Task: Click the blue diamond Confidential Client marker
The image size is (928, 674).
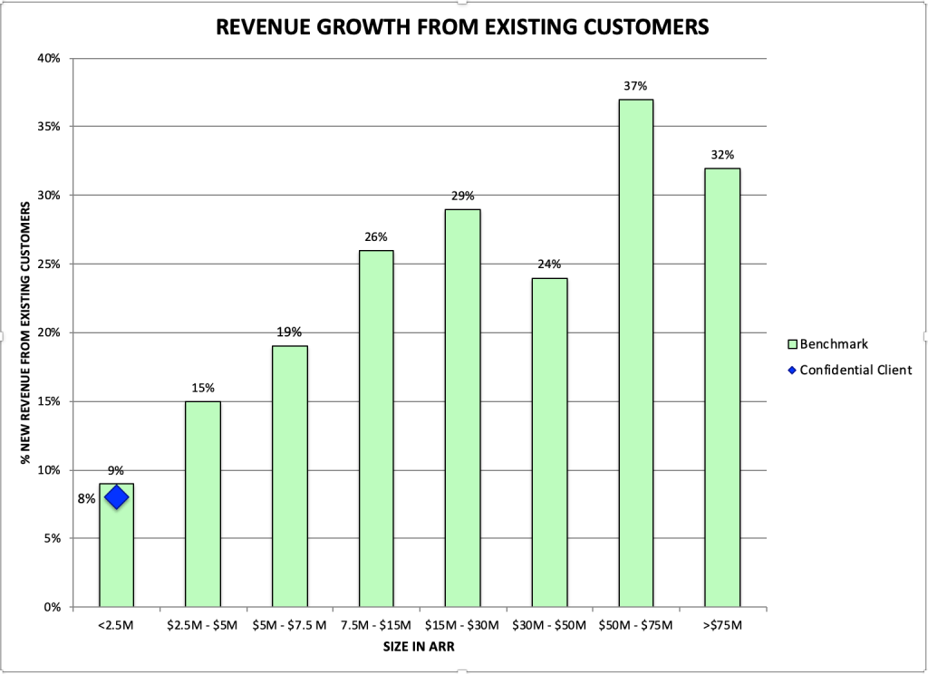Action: [116, 497]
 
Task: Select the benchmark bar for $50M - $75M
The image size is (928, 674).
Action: [635, 353]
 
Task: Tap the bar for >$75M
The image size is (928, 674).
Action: [722, 388]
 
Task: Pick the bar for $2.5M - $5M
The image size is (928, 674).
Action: [203, 504]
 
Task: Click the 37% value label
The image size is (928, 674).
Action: [635, 87]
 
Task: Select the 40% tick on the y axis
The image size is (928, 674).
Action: [49, 59]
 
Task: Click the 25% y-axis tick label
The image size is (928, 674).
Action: [49, 265]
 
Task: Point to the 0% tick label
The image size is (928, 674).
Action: [52, 607]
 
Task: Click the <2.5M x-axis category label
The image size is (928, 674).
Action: [116, 626]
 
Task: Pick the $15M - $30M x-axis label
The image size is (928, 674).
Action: [462, 626]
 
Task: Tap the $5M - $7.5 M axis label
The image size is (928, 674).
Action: [289, 626]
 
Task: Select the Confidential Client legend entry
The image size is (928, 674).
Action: [855, 370]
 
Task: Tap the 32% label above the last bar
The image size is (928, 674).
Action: [722, 155]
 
